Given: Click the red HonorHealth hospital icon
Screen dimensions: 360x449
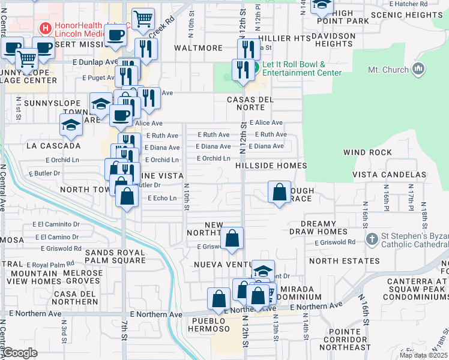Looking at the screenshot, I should (44, 28).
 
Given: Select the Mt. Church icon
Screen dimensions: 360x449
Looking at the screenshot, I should (418, 69).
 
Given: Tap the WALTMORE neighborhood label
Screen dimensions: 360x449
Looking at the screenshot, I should (198, 48).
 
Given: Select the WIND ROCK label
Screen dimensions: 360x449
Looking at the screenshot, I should (367, 153).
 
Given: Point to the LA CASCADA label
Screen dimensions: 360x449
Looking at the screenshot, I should (53, 146).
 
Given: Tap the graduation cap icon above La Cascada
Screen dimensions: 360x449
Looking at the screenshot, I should (71, 126).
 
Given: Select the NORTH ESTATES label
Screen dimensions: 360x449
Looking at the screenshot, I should (345, 261).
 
